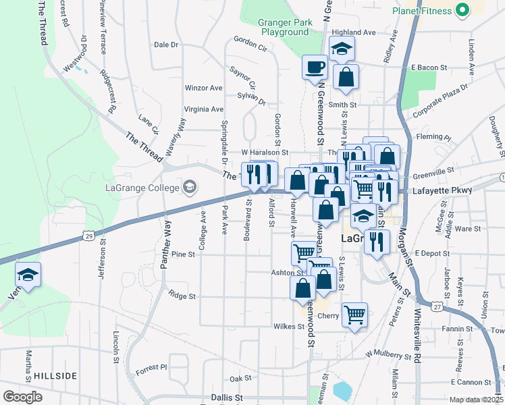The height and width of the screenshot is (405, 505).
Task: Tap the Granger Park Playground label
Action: [284, 27]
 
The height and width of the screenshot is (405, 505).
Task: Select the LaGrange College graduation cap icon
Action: [190, 187]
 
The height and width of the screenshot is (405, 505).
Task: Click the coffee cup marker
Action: [315, 67]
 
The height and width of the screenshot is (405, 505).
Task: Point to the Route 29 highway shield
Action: [87, 234]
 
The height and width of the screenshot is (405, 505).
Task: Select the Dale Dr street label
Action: [165, 45]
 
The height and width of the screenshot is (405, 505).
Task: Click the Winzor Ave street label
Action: [203, 88]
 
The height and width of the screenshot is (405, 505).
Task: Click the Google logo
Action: [22, 397]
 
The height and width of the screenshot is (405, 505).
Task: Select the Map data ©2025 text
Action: [476, 400]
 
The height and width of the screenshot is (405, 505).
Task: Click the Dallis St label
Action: [226, 398]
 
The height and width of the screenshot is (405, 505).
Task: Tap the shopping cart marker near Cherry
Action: [354, 314]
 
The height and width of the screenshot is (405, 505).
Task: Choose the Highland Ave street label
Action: [353, 32]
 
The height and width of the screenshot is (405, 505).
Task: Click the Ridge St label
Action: [182, 296]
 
